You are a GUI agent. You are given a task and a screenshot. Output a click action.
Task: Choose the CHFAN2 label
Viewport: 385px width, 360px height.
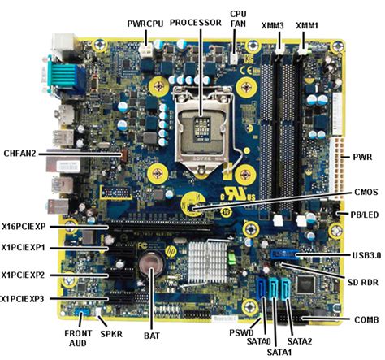tap(21, 152)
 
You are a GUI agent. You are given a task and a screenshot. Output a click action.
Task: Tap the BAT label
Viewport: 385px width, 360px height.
tap(149, 334)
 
